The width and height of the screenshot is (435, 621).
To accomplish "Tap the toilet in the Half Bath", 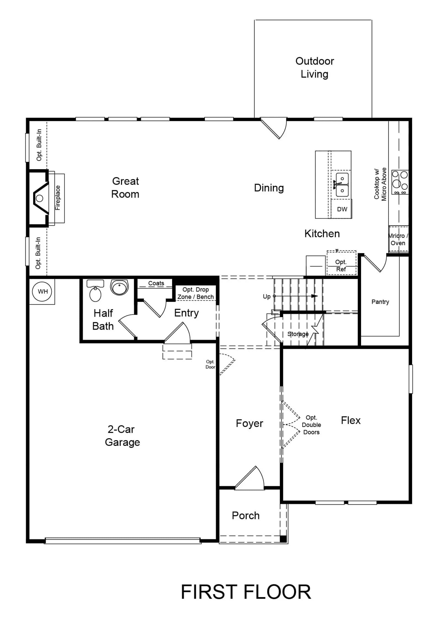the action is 95,291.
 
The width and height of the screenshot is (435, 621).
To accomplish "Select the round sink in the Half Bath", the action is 119,287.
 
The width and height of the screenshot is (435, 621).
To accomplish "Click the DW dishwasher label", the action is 342,209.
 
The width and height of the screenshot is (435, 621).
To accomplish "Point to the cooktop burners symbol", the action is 400,182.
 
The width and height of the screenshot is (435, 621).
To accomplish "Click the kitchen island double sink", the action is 342,185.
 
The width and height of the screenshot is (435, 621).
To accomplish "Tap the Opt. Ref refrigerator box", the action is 341,263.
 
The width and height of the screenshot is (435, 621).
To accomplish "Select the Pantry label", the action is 380,302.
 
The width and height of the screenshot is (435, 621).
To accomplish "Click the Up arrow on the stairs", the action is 295,296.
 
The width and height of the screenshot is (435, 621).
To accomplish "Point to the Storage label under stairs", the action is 298,334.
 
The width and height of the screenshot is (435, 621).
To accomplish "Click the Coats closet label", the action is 156,283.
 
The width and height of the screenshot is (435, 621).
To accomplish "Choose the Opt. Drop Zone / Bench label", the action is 196,293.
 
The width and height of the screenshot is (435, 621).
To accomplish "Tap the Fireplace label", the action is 58,198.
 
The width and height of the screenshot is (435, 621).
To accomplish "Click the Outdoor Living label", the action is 314,68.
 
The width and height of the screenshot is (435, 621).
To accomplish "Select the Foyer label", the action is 249,423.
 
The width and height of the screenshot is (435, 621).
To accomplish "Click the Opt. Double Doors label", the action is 311,425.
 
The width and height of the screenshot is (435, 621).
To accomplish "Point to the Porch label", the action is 245,516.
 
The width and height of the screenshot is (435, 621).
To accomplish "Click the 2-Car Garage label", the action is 122,436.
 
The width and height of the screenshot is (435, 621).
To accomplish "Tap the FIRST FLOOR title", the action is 246,592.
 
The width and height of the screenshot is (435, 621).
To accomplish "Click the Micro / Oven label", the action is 398,239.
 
